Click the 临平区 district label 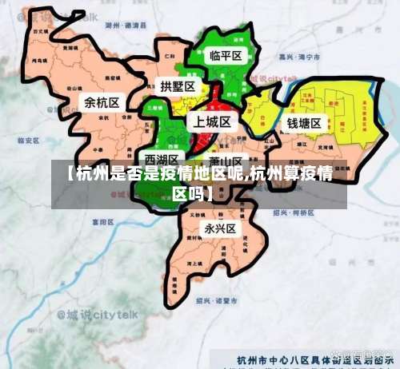(x=226, y=56)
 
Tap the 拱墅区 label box (x=177, y=86)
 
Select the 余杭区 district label (x=102, y=102)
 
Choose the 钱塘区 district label (x=304, y=123)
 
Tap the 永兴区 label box (x=220, y=228)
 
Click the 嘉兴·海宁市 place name (x=300, y=58)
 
